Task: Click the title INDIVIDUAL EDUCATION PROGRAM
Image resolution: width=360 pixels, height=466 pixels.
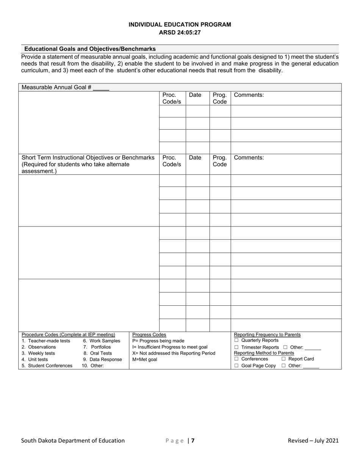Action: [x=180, y=25]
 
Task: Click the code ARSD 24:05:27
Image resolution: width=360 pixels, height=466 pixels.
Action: [x=180, y=33]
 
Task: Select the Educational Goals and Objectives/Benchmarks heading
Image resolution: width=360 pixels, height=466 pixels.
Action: [x=90, y=49]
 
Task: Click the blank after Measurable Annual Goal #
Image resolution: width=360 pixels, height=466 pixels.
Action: [x=101, y=88]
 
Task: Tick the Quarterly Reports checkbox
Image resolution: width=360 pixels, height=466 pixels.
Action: [x=236, y=340]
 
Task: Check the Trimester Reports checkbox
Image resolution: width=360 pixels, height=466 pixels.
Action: [x=236, y=347]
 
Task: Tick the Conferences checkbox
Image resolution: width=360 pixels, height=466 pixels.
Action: [x=236, y=359]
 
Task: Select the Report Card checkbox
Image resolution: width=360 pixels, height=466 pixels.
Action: [x=283, y=359]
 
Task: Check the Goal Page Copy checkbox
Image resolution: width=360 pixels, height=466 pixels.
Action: [x=236, y=366]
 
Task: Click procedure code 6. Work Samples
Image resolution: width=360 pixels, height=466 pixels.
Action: [x=102, y=341]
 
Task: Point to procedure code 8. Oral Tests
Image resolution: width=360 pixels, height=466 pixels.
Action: [x=98, y=353]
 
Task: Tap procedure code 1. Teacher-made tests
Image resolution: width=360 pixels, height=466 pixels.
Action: [x=46, y=341]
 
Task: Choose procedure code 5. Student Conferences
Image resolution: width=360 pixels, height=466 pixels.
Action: [x=47, y=366]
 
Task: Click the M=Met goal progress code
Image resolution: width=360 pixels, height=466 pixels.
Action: [x=144, y=360]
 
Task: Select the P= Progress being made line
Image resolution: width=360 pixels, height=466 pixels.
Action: [x=158, y=341]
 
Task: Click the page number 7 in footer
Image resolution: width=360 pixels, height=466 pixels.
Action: [x=193, y=441]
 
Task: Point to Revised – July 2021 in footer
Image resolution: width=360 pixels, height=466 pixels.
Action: [x=313, y=441]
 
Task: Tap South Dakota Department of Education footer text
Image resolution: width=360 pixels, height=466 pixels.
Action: [x=73, y=441]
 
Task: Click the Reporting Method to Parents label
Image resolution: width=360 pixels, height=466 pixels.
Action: [x=264, y=353]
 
